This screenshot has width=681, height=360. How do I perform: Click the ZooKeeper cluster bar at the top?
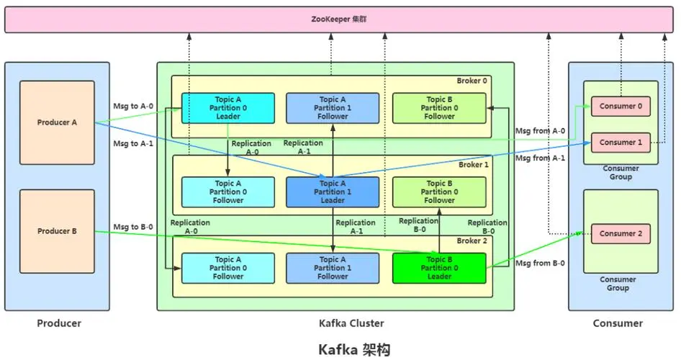[340, 19]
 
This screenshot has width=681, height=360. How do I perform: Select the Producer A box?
[57, 122]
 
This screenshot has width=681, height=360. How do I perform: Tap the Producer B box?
[57, 231]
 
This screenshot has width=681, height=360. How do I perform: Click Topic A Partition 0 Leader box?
[227, 108]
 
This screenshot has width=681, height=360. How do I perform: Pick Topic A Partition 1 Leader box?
[333, 192]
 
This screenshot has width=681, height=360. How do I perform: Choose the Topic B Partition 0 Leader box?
[439, 268]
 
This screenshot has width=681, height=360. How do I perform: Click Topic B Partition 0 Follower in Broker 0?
[439, 108]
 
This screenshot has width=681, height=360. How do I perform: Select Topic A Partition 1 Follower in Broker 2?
[333, 268]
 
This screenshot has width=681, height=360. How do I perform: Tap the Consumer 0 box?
[617, 107]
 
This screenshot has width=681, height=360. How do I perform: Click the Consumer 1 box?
[617, 143]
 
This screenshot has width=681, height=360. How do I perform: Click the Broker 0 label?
[472, 81]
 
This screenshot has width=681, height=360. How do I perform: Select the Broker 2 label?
[472, 240]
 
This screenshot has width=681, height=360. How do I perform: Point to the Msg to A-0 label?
[133, 106]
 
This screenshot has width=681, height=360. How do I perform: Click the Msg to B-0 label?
[133, 228]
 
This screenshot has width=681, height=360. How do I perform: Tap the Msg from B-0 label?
[540, 264]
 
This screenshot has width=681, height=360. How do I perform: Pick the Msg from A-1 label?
[540, 158]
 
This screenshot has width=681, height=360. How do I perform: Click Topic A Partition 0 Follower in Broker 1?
[227, 192]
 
